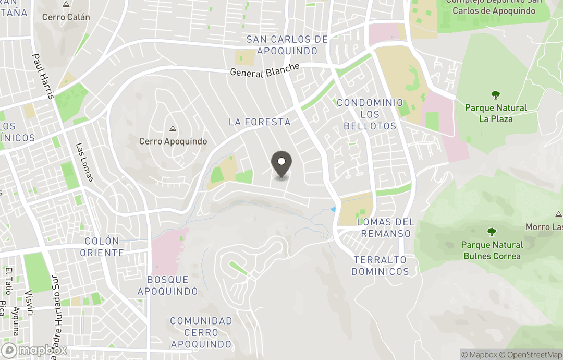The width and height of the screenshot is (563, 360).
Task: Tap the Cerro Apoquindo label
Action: tap(173, 141)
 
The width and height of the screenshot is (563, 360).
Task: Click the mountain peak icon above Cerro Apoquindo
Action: tap(173, 128)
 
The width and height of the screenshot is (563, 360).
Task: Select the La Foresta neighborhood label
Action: tap(259, 122)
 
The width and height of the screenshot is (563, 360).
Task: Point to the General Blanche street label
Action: tap(265, 70)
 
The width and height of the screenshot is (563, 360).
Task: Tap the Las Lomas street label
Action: tap(84, 162)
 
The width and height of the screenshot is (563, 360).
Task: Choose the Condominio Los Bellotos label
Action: tap(370, 114)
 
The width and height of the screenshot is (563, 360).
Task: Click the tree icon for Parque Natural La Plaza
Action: tap(496, 95)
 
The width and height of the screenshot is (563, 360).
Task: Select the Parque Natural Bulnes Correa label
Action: tap(492, 250)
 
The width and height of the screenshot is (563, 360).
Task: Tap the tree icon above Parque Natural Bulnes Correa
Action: tap(492, 232)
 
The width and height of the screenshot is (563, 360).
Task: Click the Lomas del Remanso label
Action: tap(386, 227)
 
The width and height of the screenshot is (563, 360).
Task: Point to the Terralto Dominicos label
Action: tap(380, 266)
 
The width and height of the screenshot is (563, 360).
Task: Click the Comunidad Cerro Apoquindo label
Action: tap(201, 332)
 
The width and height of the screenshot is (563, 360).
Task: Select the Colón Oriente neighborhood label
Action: tap(104, 247)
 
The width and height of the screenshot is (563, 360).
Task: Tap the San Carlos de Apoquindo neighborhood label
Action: tap(287, 45)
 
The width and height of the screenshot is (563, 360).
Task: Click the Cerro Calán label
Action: tap(66, 17)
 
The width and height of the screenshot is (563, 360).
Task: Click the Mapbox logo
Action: tap(34, 350)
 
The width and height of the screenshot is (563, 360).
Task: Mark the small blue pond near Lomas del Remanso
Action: tap(333, 209)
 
